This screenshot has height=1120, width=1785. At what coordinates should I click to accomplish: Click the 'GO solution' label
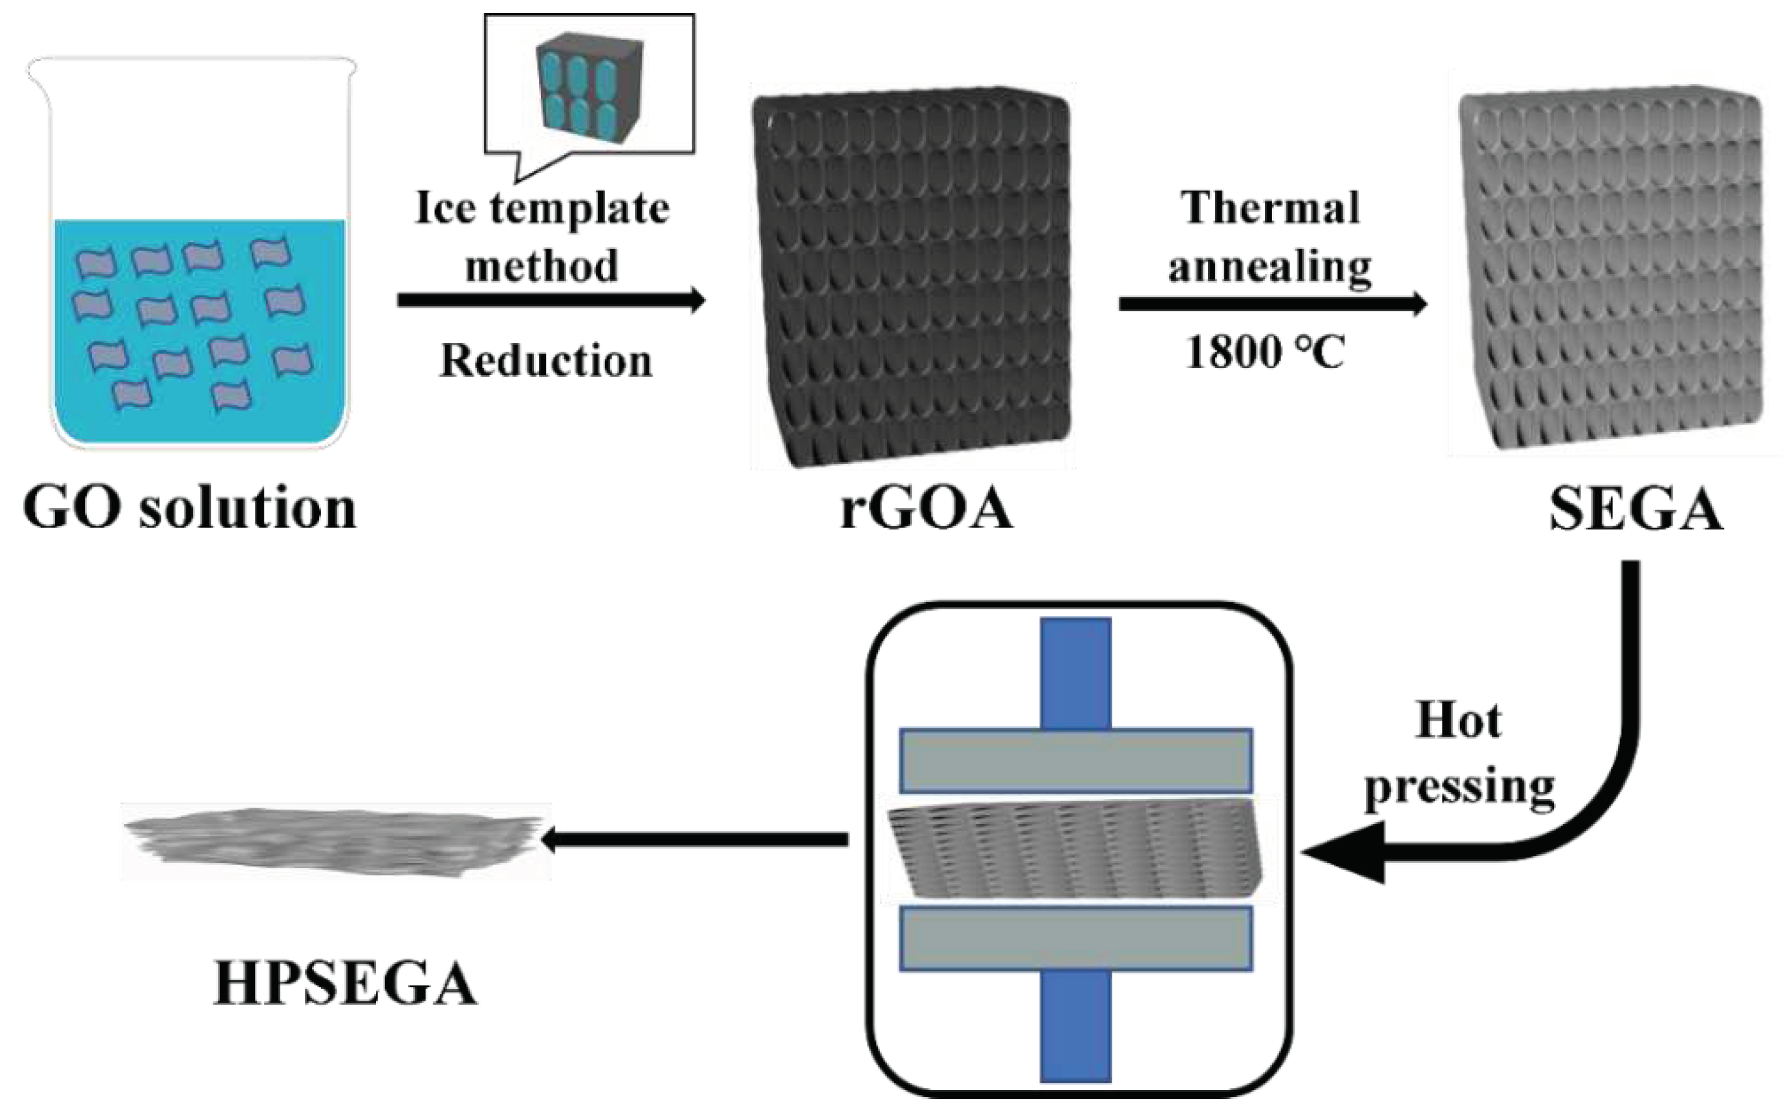(x=190, y=508)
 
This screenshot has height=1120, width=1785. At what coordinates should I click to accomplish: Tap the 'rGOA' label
(x=926, y=509)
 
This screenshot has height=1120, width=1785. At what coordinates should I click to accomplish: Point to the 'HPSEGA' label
(x=345, y=984)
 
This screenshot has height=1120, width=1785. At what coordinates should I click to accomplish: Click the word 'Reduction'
(x=546, y=361)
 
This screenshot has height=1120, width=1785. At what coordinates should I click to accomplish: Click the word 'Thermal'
(x=1270, y=207)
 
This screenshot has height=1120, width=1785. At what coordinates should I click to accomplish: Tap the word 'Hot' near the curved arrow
(x=1458, y=720)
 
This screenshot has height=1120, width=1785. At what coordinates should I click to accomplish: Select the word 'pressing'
(x=1460, y=787)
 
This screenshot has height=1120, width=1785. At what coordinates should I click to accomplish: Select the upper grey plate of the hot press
(x=1076, y=761)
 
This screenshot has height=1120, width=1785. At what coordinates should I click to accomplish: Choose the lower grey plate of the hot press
(x=1076, y=939)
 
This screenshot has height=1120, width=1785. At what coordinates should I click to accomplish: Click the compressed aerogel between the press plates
(x=1076, y=849)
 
